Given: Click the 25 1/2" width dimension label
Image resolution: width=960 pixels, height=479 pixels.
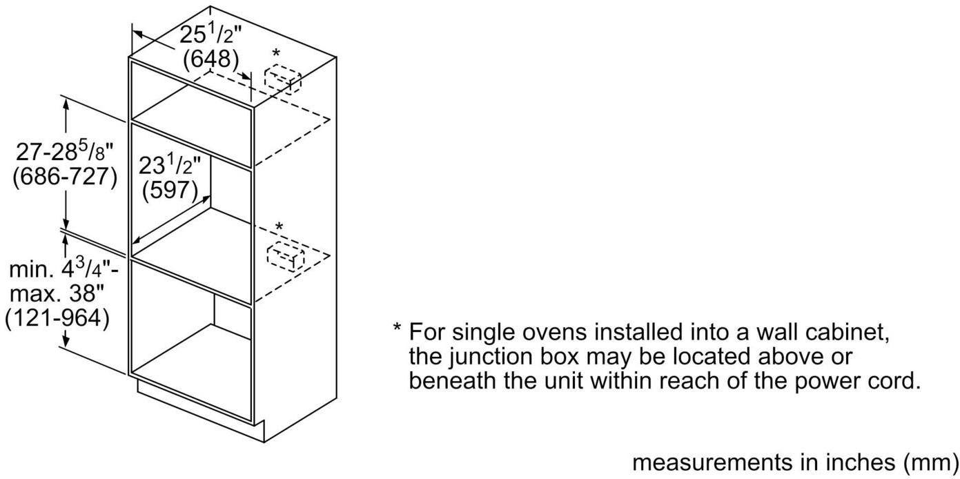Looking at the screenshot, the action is point(211,35).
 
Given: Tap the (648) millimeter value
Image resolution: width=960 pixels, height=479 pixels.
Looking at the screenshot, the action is point(211,59).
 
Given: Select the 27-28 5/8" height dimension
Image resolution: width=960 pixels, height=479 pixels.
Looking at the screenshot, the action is point(65,151).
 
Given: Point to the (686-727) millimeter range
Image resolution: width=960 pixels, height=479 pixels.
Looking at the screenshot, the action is point(65,176).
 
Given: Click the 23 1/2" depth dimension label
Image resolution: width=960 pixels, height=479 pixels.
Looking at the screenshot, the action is point(170,165).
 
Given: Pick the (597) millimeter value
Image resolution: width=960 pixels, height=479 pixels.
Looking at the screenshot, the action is point(170,190).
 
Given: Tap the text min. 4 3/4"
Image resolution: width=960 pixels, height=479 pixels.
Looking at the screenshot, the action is point(63,269).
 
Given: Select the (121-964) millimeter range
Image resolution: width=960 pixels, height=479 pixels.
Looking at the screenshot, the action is point(57,318).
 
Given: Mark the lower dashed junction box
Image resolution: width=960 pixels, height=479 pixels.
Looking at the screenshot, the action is point(286,256).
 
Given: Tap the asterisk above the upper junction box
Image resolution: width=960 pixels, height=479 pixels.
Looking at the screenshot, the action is point(277,53).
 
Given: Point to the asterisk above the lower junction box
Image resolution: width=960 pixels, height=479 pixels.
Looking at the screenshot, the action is point(280,226).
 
